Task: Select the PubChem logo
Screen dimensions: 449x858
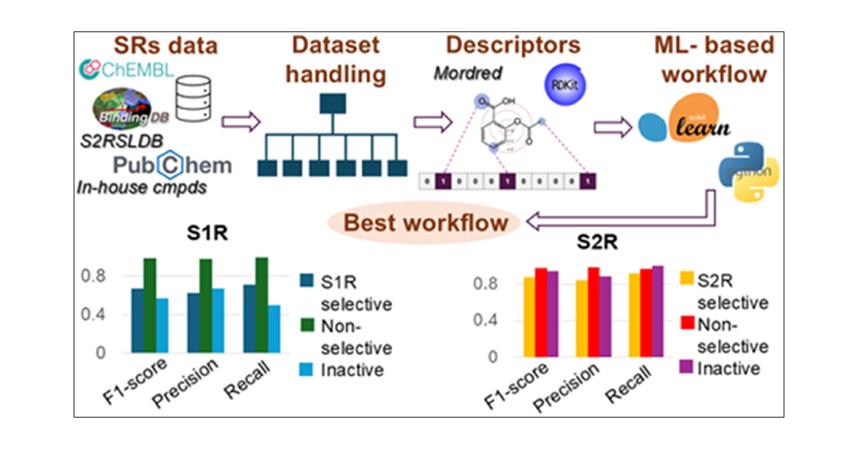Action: [x=172, y=165]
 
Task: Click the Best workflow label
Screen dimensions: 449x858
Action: [x=426, y=222]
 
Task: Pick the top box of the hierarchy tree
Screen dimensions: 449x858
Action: [x=332, y=104]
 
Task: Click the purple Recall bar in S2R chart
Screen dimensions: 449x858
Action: [x=658, y=311]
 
